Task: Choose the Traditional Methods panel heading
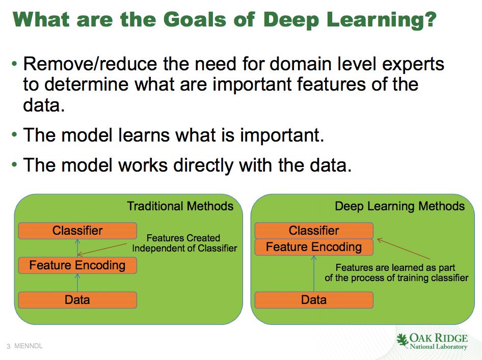tap(180, 206)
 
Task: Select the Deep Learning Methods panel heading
tap(399, 206)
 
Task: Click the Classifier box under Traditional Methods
tap(77, 231)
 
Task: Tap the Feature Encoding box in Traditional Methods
tap(77, 265)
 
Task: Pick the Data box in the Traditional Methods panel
tap(77, 300)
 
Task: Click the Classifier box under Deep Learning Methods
tap(314, 231)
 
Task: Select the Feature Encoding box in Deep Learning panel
tap(314, 247)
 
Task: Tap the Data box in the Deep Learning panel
tap(314, 300)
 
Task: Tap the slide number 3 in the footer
tap(9, 347)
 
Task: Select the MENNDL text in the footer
tap(29, 346)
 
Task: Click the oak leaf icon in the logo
tap(403, 340)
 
